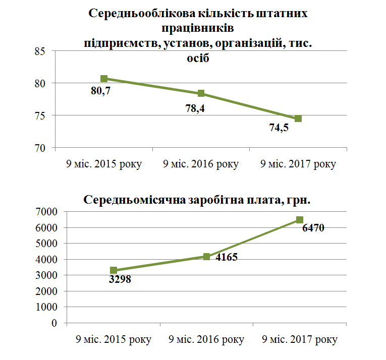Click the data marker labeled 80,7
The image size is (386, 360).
(104, 79)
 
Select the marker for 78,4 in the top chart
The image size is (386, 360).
(201, 93)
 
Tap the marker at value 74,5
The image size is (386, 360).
(298, 118)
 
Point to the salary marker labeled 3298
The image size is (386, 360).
(114, 271)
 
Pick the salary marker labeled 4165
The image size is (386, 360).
(206, 257)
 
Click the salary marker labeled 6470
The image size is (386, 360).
(300, 220)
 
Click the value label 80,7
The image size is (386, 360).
(101, 93)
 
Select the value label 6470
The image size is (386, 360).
(313, 228)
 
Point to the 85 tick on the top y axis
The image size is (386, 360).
(41, 50)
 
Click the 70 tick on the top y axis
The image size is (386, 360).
(41, 148)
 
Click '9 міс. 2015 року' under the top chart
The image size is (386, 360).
(104, 164)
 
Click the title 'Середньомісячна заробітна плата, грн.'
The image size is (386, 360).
(196, 200)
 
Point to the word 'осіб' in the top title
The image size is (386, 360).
(198, 58)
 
